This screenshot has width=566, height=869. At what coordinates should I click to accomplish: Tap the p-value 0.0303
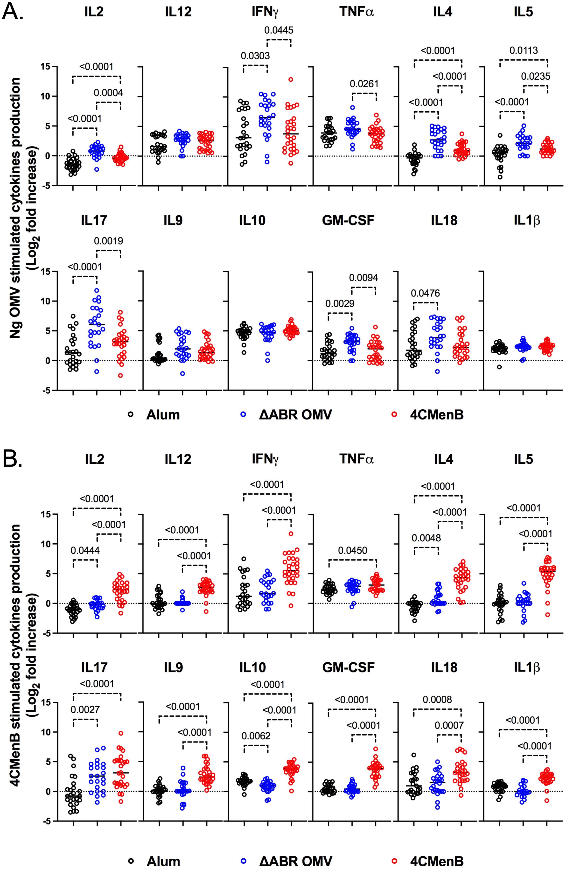[x=255, y=56]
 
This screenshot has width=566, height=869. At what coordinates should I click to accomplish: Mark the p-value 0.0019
[x=108, y=241]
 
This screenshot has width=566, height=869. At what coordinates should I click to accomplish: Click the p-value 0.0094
[x=363, y=278]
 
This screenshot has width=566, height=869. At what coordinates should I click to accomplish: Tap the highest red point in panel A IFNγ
[x=291, y=79]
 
